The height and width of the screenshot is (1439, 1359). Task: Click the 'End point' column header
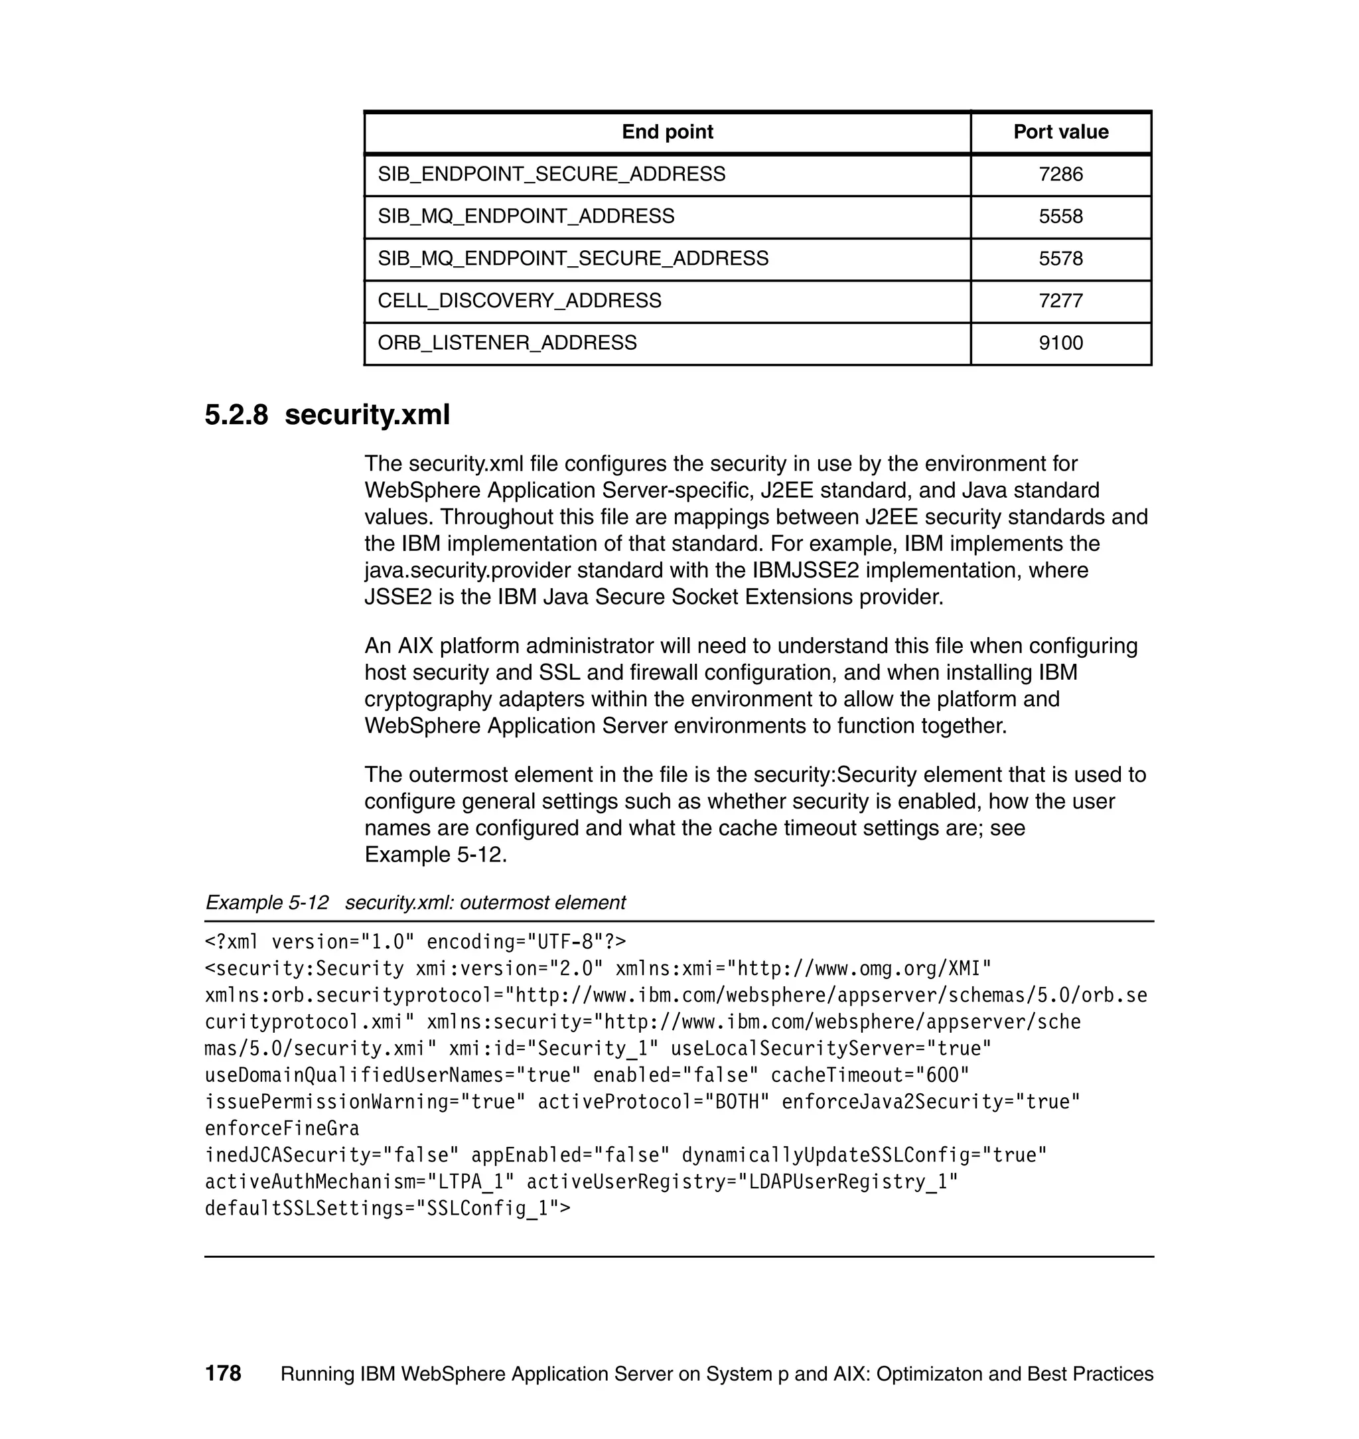(x=667, y=132)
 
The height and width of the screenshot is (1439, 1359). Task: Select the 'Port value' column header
(x=1060, y=132)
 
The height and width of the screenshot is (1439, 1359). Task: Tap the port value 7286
(x=1060, y=175)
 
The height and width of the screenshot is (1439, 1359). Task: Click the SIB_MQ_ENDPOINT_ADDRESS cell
(x=526, y=216)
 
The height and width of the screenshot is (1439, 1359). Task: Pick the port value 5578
(x=1060, y=259)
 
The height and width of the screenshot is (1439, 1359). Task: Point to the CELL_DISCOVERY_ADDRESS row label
(x=520, y=301)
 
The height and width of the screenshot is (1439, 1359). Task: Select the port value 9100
(x=1060, y=342)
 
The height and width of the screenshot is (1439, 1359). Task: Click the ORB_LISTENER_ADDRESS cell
(x=507, y=342)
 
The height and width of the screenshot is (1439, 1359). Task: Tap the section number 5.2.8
(x=236, y=416)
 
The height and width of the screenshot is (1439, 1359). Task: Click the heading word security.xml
(x=367, y=416)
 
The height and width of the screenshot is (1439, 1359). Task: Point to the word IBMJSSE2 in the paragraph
(x=806, y=571)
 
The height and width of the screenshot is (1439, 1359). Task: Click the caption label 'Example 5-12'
(x=267, y=903)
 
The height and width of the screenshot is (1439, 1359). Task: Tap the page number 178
(x=223, y=1374)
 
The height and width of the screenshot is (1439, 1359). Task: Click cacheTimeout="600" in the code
(x=869, y=1075)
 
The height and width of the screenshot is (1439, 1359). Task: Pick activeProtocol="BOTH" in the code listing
(x=654, y=1102)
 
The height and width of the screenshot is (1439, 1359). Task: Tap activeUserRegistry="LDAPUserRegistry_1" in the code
(x=742, y=1181)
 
